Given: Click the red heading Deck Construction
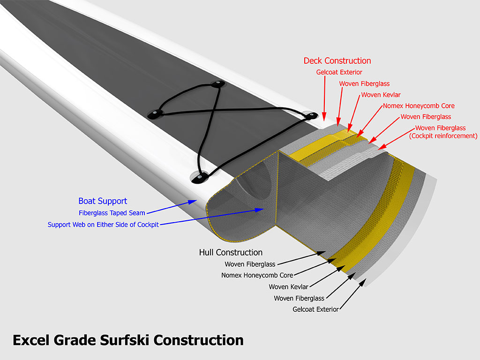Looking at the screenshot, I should point(337,61).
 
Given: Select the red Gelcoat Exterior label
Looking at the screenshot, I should point(339,72).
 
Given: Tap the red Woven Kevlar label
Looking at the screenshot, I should point(381,95).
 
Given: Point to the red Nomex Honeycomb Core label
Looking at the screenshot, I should point(419,106).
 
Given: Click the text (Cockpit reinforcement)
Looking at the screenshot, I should point(443,136).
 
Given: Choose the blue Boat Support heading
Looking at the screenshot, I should point(103,201).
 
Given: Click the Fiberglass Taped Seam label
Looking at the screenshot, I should point(112,213).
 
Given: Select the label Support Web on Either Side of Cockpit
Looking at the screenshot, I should point(103,225).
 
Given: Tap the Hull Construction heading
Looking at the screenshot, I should point(231,253).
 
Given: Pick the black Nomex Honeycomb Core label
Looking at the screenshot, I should point(257,275).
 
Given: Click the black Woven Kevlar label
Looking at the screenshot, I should point(288,287).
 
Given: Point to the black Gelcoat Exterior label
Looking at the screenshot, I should point(315,309).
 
